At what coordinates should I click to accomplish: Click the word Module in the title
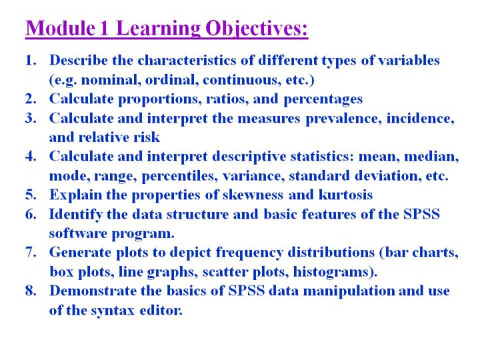click(x=60, y=28)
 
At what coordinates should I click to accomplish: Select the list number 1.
click(x=31, y=60)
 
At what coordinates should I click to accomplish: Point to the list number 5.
click(x=31, y=195)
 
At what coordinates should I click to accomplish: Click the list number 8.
click(x=31, y=291)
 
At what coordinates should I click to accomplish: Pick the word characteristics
click(x=187, y=60)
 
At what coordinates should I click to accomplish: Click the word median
click(x=431, y=157)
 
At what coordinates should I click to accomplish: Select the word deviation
click(x=388, y=176)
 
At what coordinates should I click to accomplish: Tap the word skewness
click(x=253, y=195)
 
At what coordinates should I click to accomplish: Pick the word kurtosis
click(x=345, y=195)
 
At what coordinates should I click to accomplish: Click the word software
click(x=78, y=233)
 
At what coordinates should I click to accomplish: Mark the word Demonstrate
click(x=93, y=291)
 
